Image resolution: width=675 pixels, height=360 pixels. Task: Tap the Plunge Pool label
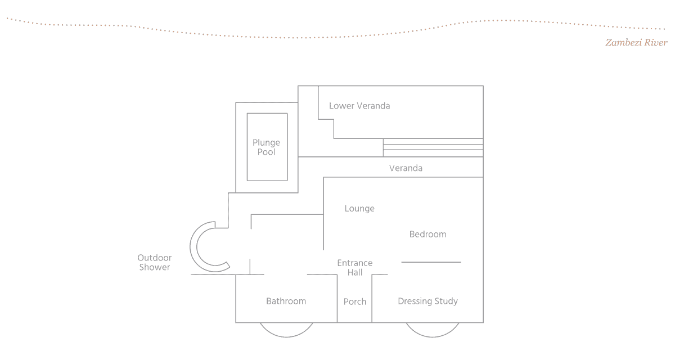coord(266,147)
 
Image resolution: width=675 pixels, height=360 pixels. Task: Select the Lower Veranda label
coord(359,106)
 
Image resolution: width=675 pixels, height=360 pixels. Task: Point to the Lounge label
coord(359,209)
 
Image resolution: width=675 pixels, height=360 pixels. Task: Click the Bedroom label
coord(427,235)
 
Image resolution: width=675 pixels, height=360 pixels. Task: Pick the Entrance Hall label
coord(355,268)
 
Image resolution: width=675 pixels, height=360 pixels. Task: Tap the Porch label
coord(355,302)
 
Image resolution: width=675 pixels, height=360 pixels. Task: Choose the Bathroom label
coord(286,301)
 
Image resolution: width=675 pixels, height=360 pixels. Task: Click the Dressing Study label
coord(427,301)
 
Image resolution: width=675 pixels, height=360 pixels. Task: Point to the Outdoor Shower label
coord(155,263)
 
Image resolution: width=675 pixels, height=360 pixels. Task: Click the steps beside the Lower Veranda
coord(433,147)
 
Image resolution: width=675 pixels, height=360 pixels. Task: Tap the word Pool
coord(266,152)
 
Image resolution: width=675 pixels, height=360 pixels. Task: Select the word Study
coord(444,301)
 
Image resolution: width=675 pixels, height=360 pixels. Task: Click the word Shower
coord(155,268)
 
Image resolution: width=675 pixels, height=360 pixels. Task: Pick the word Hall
coord(355,273)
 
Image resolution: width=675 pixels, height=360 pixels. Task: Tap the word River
coord(652,43)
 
